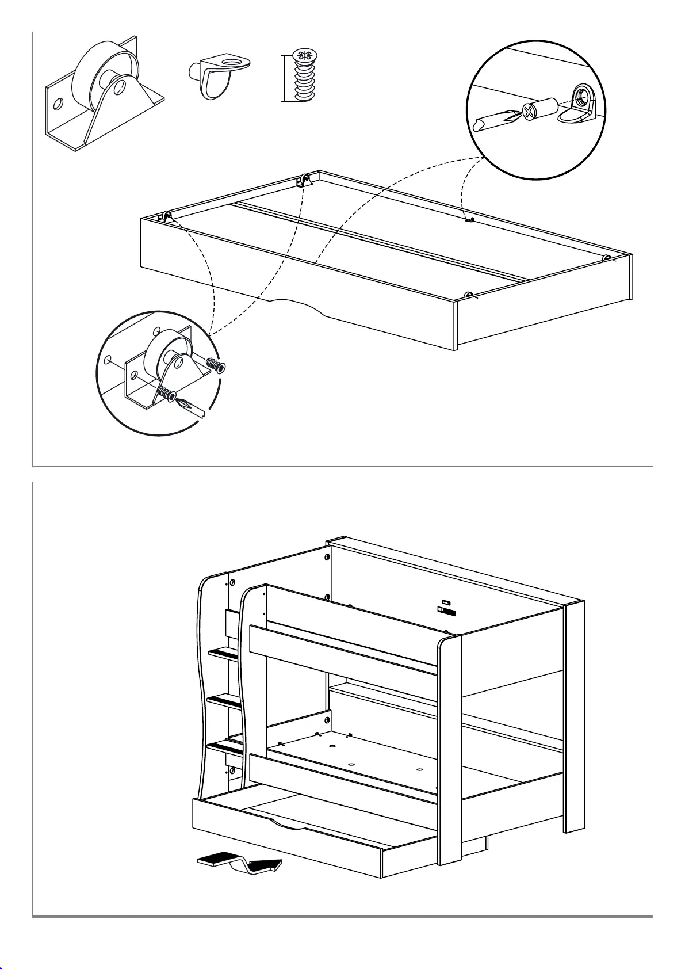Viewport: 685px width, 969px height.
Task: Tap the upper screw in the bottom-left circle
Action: tap(215, 365)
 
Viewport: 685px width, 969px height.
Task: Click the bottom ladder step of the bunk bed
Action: tap(225, 747)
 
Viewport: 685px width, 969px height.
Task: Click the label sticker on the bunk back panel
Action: tap(446, 609)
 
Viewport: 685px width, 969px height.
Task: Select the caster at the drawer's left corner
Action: tap(165, 218)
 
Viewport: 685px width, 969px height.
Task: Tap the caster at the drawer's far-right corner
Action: tap(606, 258)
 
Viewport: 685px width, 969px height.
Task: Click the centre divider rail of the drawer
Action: tap(380, 241)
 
